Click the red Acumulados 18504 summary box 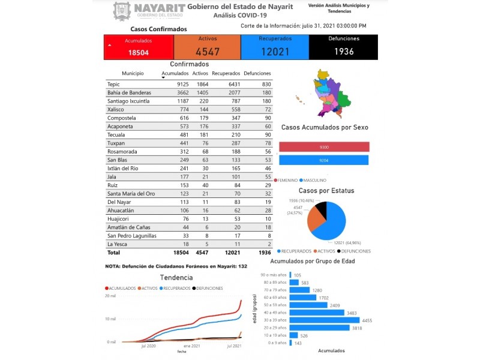pos(139,47)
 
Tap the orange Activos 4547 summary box pos(207,47)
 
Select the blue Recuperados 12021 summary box pos(275,47)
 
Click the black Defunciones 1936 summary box pos(344,47)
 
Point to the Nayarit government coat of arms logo pos(122,11)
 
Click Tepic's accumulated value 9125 pos(167,85)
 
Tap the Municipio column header pos(132,73)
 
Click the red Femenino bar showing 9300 pos(324,147)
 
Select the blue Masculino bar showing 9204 pos(324,160)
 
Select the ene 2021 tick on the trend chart pos(192,346)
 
